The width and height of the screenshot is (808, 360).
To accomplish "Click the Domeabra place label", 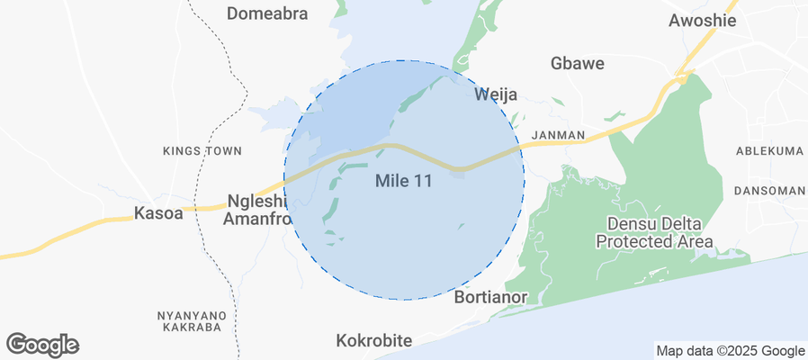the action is point(267,13).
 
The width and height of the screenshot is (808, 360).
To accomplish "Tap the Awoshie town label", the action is point(703,21).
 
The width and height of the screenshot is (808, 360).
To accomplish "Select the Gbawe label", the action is point(577,64).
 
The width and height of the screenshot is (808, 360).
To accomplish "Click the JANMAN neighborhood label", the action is point(558,136).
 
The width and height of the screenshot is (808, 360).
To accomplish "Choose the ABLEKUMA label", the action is point(768,151).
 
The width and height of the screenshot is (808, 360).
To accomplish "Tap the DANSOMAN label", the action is point(769,191).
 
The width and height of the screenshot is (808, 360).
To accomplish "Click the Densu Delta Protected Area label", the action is point(654,232).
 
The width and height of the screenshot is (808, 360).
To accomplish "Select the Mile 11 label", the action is point(403,181).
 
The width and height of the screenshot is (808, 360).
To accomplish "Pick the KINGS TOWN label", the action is point(202,151).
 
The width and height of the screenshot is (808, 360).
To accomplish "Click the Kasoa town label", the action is point(157,213).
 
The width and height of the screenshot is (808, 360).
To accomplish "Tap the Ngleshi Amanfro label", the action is point(258,209).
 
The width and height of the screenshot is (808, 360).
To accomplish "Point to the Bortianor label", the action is point(490,296).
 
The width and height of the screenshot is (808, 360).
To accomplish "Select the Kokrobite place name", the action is point(373,341).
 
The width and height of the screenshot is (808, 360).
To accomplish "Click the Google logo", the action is point(42,344).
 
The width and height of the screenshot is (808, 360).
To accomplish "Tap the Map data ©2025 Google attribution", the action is point(730,351).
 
